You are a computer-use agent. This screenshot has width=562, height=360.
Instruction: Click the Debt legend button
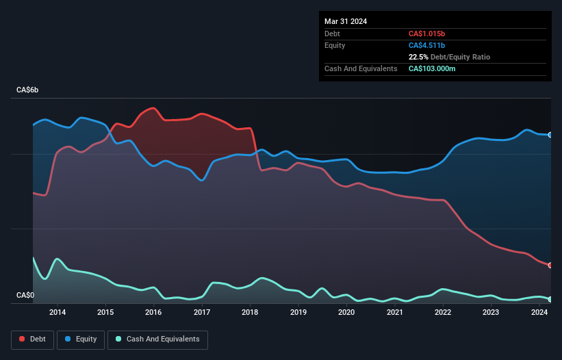click(33, 339)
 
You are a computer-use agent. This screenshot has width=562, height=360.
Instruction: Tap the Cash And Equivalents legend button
click(157, 339)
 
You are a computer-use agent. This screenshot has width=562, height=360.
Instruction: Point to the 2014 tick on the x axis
click(58, 313)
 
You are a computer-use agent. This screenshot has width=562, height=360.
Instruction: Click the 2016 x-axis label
click(153, 313)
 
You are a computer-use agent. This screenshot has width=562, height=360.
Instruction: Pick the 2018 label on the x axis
click(250, 313)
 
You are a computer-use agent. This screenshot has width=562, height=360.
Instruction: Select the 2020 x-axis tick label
click(346, 313)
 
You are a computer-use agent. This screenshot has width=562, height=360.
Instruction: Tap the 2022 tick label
click(443, 313)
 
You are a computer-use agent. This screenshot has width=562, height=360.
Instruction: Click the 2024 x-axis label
click(539, 313)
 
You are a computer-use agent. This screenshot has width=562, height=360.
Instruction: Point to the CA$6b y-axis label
click(28, 90)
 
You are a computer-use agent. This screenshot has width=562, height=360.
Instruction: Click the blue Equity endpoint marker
click(550, 135)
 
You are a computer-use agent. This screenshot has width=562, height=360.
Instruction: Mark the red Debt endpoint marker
click(550, 266)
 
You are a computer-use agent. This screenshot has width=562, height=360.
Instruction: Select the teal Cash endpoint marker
click(550, 300)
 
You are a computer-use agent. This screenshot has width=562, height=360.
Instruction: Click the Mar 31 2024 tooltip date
click(346, 21)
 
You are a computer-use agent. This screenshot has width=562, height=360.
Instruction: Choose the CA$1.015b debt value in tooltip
click(426, 34)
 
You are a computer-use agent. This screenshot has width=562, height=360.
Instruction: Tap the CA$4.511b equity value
click(426, 45)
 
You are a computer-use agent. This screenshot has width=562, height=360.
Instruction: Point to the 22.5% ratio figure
click(418, 57)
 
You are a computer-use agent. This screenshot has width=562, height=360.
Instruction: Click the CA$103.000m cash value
click(432, 68)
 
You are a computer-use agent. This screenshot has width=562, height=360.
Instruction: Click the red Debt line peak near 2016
click(152, 108)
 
